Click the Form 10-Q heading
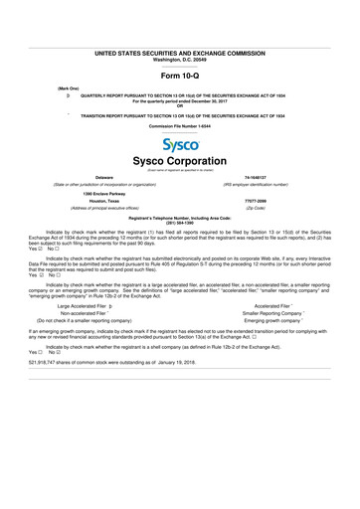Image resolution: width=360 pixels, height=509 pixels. coord(180,76)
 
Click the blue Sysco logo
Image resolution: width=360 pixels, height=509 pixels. coord(180,143)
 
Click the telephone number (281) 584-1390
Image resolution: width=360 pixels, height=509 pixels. coord(180,223)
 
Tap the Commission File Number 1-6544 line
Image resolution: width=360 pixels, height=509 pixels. coord(180,126)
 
